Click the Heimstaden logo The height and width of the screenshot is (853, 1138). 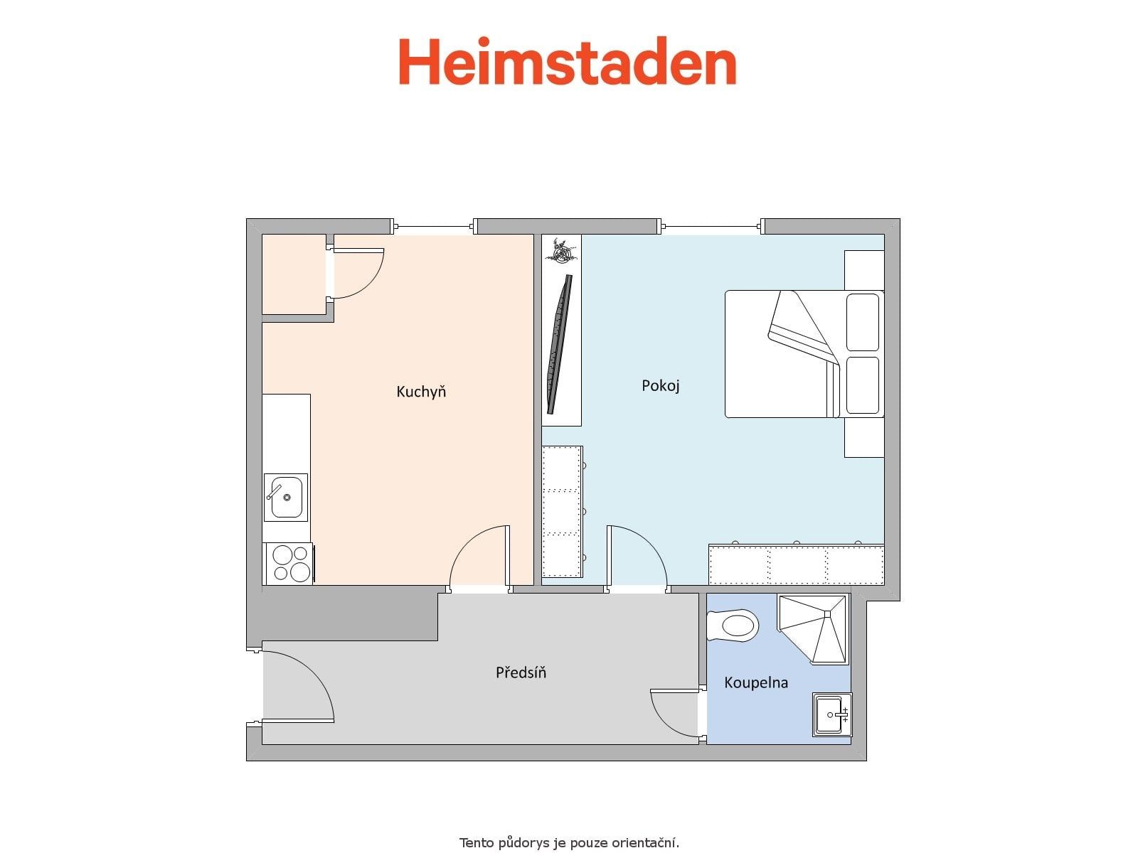pos(567,60)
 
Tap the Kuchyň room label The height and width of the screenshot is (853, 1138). pos(421,392)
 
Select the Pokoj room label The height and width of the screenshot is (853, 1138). pos(661,386)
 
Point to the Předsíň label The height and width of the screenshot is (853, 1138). pos(521,672)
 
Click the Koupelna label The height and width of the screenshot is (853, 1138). pos(756,682)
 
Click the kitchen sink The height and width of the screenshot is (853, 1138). pos(286,497)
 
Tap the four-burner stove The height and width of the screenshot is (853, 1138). pos(289,564)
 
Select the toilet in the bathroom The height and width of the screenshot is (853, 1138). pos(733,626)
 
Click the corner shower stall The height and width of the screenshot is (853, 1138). pos(813,629)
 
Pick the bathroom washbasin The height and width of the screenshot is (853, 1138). pos(831,714)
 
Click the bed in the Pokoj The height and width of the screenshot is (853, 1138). pos(804,354)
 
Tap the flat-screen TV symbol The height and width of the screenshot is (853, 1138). pos(560,345)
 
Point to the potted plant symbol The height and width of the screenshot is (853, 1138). pos(561,251)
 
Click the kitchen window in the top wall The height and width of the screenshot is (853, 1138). pos(433,226)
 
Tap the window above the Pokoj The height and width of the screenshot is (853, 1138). pos(712,226)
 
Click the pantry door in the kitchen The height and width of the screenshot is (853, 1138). pos(357,274)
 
